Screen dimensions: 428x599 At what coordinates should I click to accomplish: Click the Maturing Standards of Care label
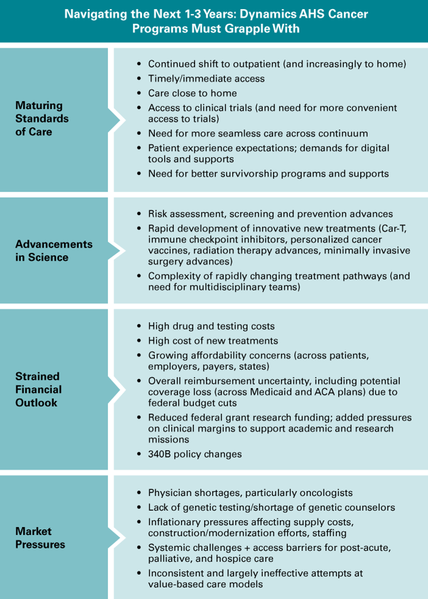42,118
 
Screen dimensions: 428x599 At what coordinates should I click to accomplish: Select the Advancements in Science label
54,251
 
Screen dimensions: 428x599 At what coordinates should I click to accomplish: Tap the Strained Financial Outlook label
38,389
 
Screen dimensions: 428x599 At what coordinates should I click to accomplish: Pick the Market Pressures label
40,537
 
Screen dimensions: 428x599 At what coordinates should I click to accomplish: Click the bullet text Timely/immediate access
206,79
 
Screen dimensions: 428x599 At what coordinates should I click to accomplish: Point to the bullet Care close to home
192,93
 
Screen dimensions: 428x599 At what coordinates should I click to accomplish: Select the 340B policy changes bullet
194,454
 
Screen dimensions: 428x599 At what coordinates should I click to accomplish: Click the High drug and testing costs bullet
211,326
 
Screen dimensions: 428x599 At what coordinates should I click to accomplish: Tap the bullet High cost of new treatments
213,341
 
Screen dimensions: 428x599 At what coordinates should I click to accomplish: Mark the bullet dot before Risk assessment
139,214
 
